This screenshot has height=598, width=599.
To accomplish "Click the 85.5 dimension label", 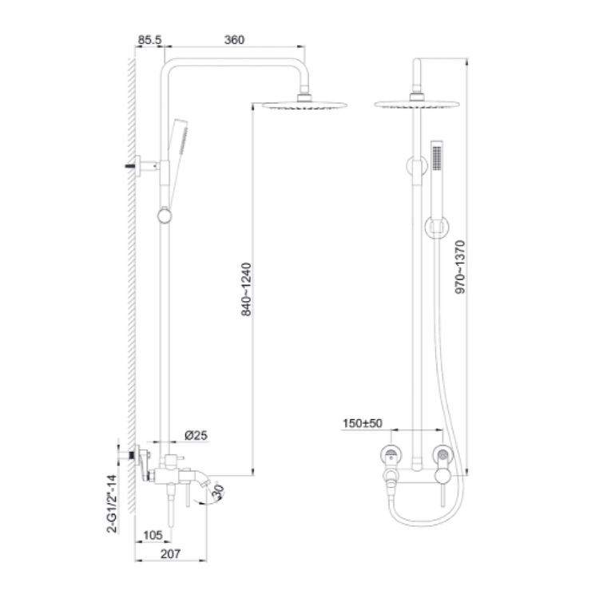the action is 150,40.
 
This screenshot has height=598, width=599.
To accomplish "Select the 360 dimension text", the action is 234,40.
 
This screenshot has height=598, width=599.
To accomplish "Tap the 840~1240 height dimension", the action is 247,289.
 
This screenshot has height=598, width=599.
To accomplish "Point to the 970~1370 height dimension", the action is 460,267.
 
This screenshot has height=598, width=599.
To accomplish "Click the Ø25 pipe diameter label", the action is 196,435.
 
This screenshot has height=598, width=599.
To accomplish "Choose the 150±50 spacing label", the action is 363,423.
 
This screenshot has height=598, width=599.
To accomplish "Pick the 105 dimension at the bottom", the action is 153,536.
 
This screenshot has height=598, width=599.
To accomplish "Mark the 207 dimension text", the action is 170,554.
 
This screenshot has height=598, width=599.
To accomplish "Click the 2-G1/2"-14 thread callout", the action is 112,504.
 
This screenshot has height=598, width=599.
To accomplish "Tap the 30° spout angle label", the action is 218,492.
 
